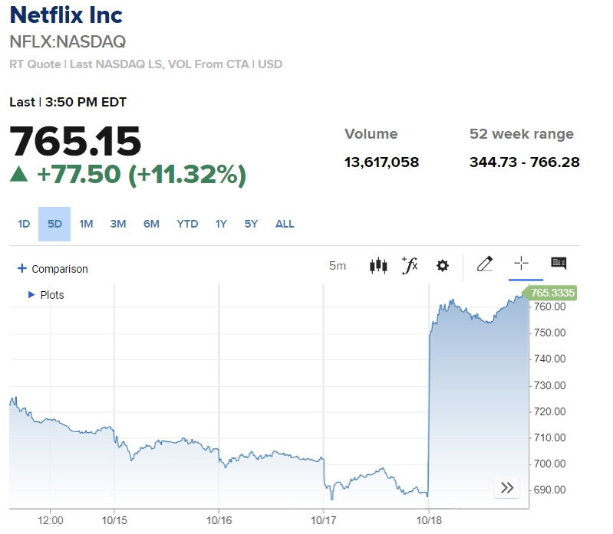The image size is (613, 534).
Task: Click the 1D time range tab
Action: click(24, 224)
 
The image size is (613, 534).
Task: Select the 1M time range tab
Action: click(86, 224)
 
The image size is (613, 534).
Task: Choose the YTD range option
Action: click(187, 224)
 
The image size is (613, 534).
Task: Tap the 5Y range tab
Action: click(252, 224)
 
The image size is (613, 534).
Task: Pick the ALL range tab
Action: click(285, 224)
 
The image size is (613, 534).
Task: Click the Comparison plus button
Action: click(23, 269)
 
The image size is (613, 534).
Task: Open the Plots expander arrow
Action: click(31, 294)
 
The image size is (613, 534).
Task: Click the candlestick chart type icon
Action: click(378, 265)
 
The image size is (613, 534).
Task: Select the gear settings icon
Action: click(442, 265)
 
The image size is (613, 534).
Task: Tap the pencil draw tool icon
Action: click(484, 264)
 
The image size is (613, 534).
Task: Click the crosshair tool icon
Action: click(521, 264)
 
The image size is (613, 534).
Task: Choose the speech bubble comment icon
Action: click(559, 264)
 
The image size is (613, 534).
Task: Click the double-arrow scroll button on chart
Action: click(506, 488)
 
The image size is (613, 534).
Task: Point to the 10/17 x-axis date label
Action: click(324, 520)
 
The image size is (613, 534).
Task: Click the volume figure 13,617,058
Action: click(381, 162)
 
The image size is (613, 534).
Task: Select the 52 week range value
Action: click(524, 162)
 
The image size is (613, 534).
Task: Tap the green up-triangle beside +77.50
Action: click(19, 175)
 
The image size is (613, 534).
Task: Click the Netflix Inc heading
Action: click(66, 15)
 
